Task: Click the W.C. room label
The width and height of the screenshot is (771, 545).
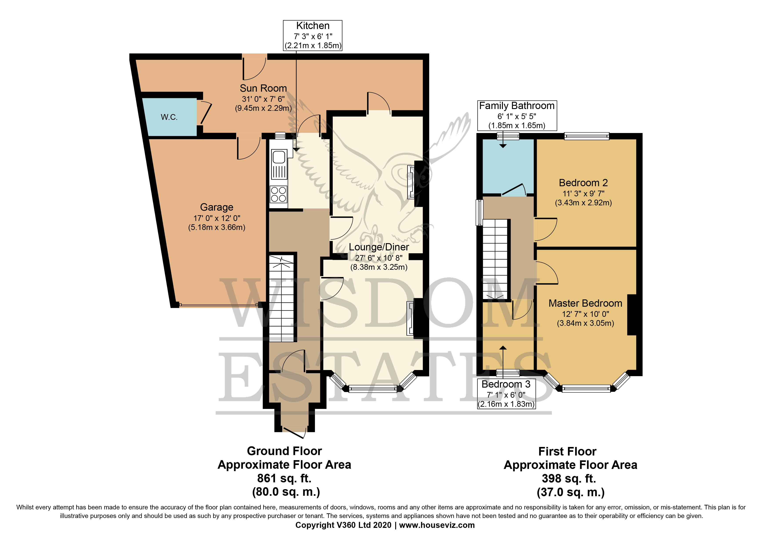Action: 169,117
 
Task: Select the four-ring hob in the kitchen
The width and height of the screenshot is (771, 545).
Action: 278,194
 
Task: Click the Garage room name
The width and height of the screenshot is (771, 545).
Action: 216,207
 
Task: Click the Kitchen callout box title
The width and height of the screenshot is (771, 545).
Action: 312,26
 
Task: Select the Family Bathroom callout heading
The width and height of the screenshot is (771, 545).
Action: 516,106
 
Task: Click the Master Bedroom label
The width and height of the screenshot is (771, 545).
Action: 585,303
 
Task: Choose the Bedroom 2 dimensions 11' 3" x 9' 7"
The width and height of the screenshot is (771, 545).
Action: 583,193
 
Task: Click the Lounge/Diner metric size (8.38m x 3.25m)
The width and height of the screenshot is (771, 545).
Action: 379,267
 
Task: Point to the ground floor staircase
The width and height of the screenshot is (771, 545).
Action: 282,299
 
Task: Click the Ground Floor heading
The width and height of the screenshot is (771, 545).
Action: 284,451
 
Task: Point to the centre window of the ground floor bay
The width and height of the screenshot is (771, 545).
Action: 373,389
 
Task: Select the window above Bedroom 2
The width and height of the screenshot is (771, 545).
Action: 586,136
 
